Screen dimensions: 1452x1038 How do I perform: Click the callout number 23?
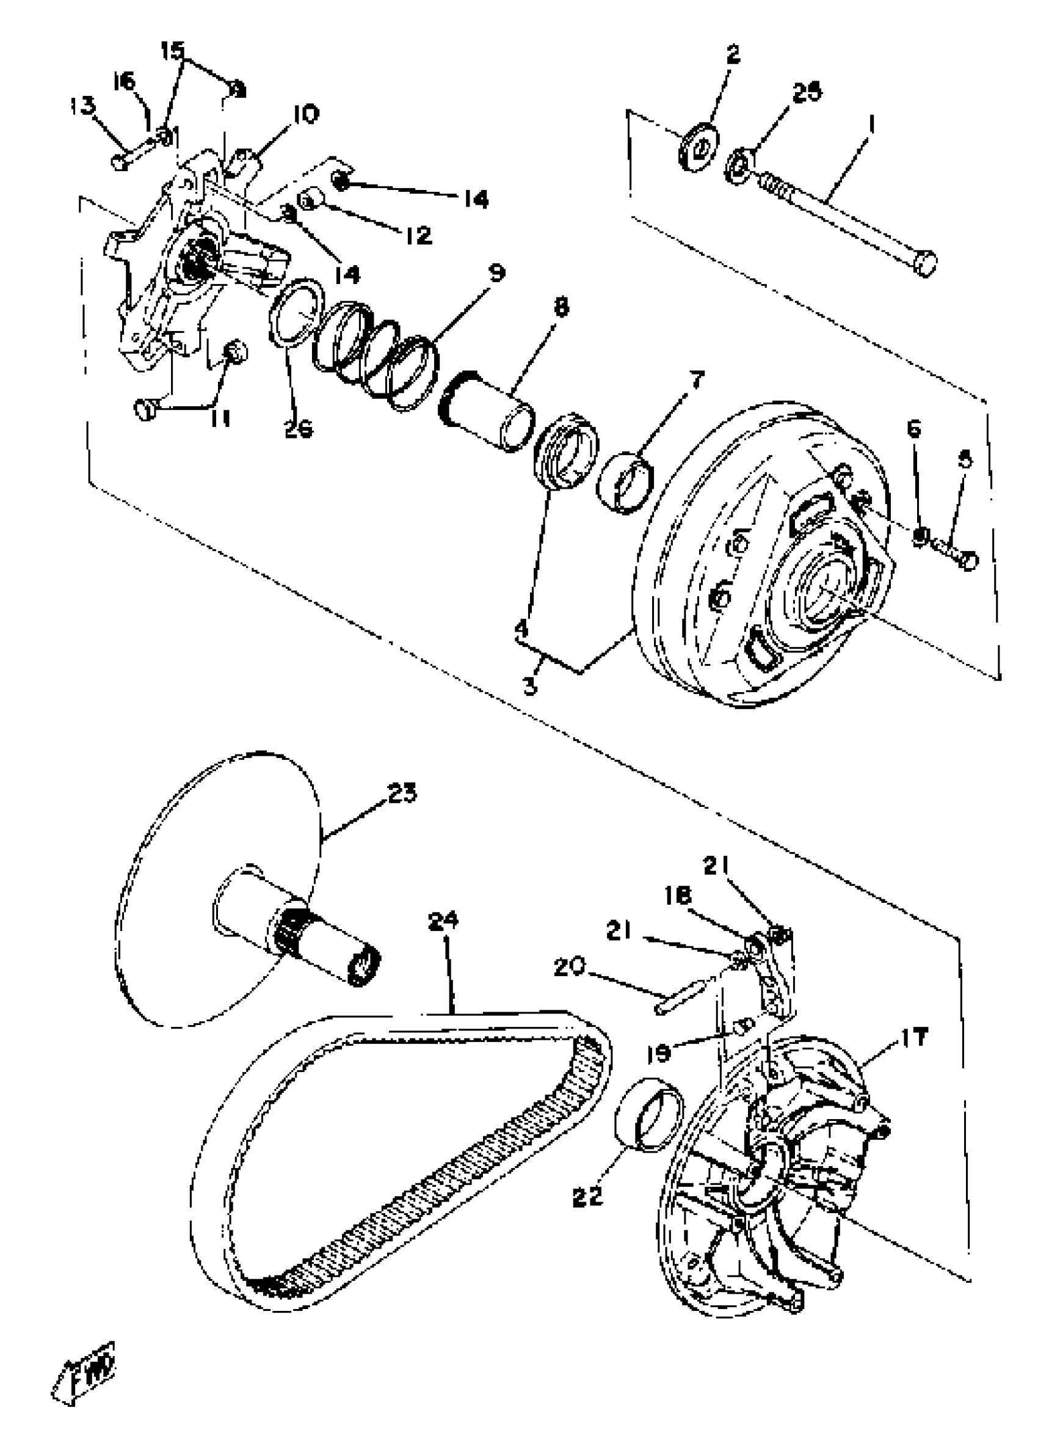(401, 793)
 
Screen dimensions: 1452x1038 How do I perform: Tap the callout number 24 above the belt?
(443, 921)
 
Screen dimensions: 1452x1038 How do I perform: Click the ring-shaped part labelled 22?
(648, 1115)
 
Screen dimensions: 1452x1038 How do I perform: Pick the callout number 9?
(493, 273)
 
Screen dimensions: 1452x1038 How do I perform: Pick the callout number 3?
(531, 687)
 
